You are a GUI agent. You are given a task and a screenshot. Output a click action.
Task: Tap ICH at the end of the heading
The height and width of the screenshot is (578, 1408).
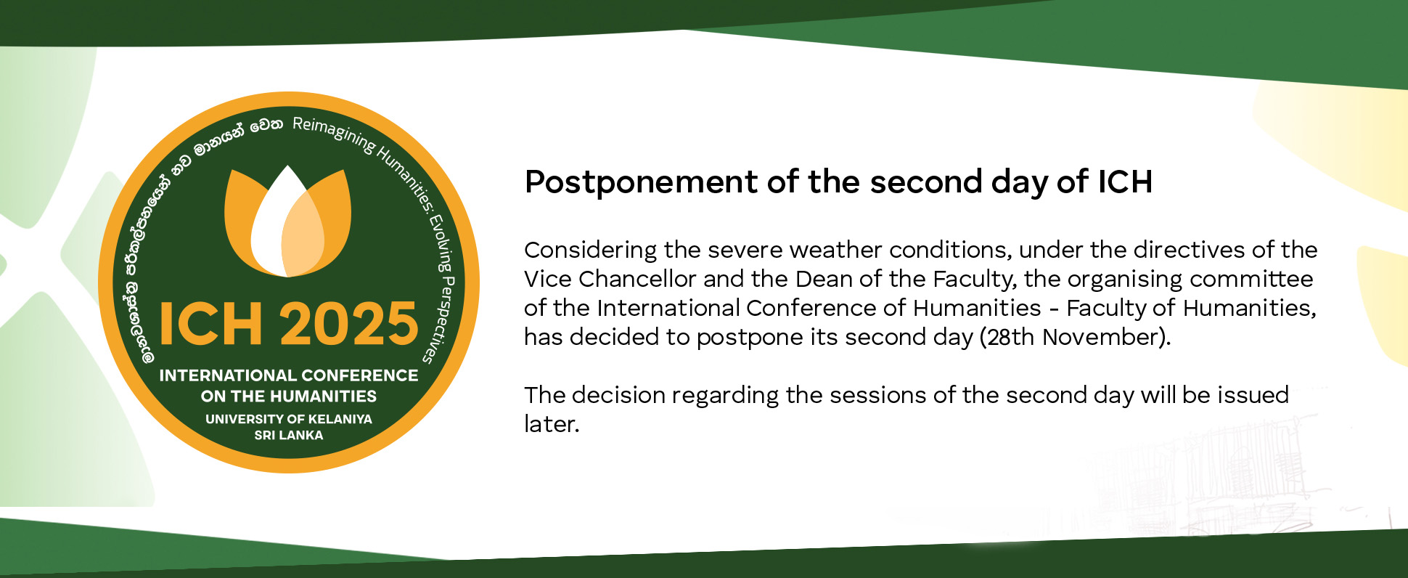(x=1125, y=182)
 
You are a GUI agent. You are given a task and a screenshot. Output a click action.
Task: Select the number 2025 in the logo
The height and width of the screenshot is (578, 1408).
(x=349, y=323)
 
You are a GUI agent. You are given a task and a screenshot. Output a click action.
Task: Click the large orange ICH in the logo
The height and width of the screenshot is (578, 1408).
(x=210, y=324)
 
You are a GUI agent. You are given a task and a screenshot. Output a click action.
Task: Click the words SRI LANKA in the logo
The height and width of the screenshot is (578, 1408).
(x=289, y=435)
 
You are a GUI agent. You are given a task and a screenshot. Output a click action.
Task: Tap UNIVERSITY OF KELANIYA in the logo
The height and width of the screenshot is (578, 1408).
(x=289, y=419)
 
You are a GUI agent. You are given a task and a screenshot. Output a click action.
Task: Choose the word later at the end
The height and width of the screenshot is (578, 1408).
(x=551, y=424)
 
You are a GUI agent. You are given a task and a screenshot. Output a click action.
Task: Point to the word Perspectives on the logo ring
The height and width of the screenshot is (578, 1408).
(x=439, y=319)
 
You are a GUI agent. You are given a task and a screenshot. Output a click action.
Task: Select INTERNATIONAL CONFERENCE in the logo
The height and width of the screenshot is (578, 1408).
(x=289, y=375)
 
